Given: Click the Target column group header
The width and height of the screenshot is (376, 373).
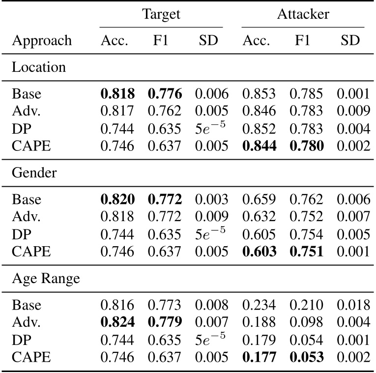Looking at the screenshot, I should coord(161,14).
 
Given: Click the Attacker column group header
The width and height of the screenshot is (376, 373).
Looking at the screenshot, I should coord(303,14).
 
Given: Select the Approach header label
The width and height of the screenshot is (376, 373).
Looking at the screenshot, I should coord(42,41).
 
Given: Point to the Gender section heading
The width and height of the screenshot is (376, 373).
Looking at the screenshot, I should coord(34,172).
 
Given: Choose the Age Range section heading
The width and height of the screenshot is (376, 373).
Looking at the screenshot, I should coord(45,278).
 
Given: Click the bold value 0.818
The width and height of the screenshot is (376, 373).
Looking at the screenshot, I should coord(117,93).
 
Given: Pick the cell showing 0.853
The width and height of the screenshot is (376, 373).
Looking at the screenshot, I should coord(259,93).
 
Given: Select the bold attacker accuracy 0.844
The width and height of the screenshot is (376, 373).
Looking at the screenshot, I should coord(259,146).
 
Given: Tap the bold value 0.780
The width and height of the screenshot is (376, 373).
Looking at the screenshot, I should coord(306,146).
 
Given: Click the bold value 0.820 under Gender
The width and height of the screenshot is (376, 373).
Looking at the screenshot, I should coord(117,199).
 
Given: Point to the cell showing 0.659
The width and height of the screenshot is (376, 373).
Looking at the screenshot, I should coord(259,199).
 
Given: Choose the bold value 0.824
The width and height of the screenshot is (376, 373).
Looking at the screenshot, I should coord(117,322).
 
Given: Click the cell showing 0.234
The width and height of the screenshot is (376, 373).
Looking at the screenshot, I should coord(259,305).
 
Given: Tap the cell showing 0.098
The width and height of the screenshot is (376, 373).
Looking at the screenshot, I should coord(306,322).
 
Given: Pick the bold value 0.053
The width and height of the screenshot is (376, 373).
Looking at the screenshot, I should coord(306,357).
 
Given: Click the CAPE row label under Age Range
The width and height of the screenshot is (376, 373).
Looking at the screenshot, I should coord(31,357).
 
